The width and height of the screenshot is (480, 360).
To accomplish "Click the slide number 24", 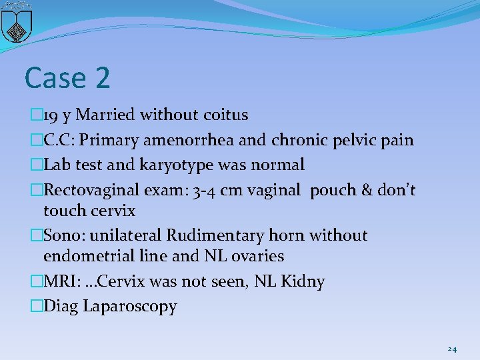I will coord(452,349).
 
